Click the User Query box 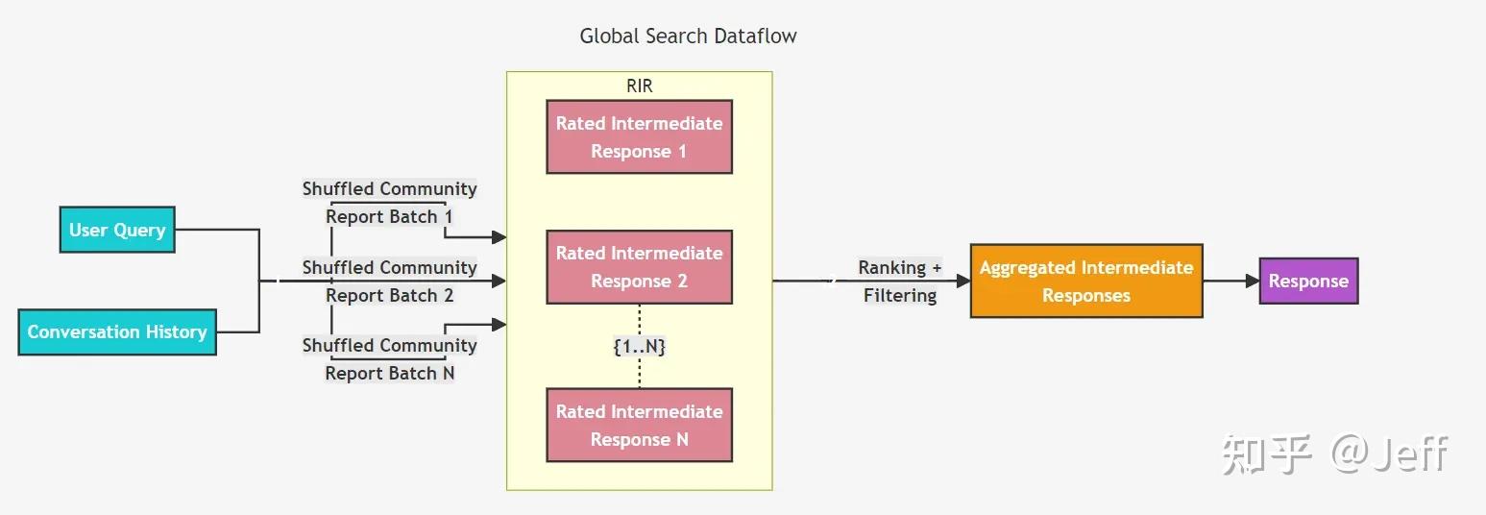click(117, 230)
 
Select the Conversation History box click(117, 331)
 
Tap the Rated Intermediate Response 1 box click(639, 136)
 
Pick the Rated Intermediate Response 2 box click(639, 267)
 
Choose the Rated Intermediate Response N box click(639, 425)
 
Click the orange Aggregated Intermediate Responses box click(1085, 281)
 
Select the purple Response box click(1308, 281)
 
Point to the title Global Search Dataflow click(688, 37)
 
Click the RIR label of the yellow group click(639, 86)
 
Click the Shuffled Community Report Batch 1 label click(389, 203)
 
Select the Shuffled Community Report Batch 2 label click(389, 281)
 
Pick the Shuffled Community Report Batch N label click(389, 358)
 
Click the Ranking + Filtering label click(900, 281)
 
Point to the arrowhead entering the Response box click(1252, 281)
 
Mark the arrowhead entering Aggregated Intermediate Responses click(962, 281)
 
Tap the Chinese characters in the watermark click(1266, 454)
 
